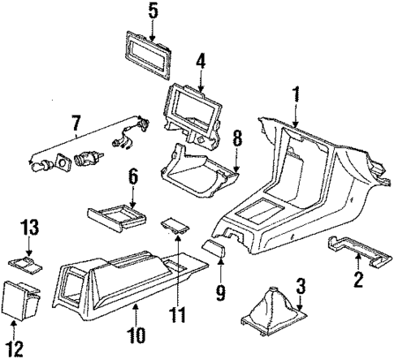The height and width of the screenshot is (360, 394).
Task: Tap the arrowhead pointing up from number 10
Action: pyautogui.click(x=136, y=306)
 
